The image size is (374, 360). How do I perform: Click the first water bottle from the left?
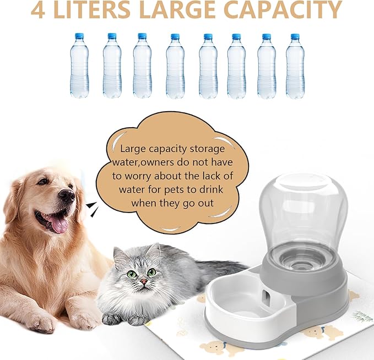[x=79, y=66]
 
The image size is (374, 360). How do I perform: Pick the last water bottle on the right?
[x=295, y=66]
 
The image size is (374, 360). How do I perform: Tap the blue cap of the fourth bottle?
[x=175, y=36]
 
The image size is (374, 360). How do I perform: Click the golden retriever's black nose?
[x=67, y=194]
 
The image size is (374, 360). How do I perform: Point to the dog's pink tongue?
[x=58, y=224]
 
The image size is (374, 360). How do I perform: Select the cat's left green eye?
[x=132, y=273]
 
